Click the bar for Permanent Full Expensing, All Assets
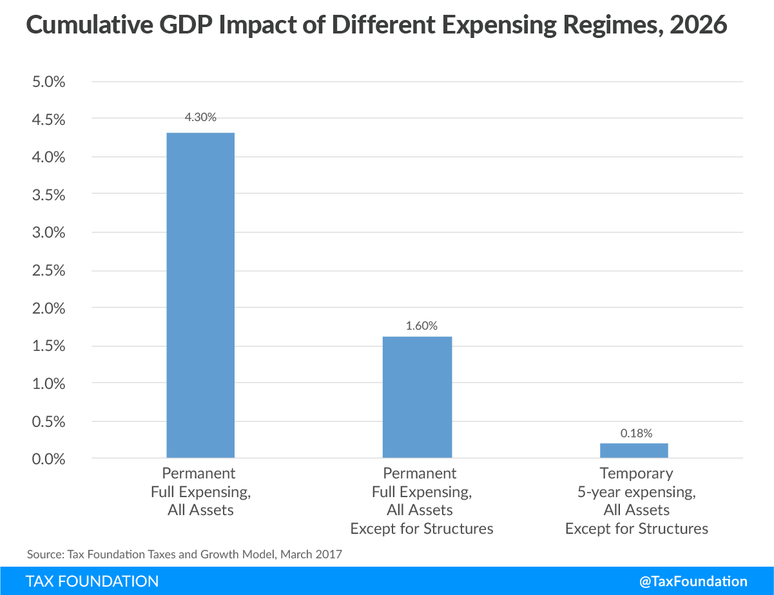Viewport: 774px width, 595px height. point(200,296)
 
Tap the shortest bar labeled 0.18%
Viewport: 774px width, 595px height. point(634,451)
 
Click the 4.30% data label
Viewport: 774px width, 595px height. point(200,117)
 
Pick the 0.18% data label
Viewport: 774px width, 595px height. point(637,433)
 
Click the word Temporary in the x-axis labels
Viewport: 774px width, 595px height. point(636,474)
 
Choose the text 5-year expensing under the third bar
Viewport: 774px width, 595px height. point(636,492)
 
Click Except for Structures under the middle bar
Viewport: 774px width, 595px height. point(421,529)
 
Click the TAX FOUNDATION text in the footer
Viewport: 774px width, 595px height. point(92,581)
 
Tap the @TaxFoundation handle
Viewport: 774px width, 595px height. point(693,581)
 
